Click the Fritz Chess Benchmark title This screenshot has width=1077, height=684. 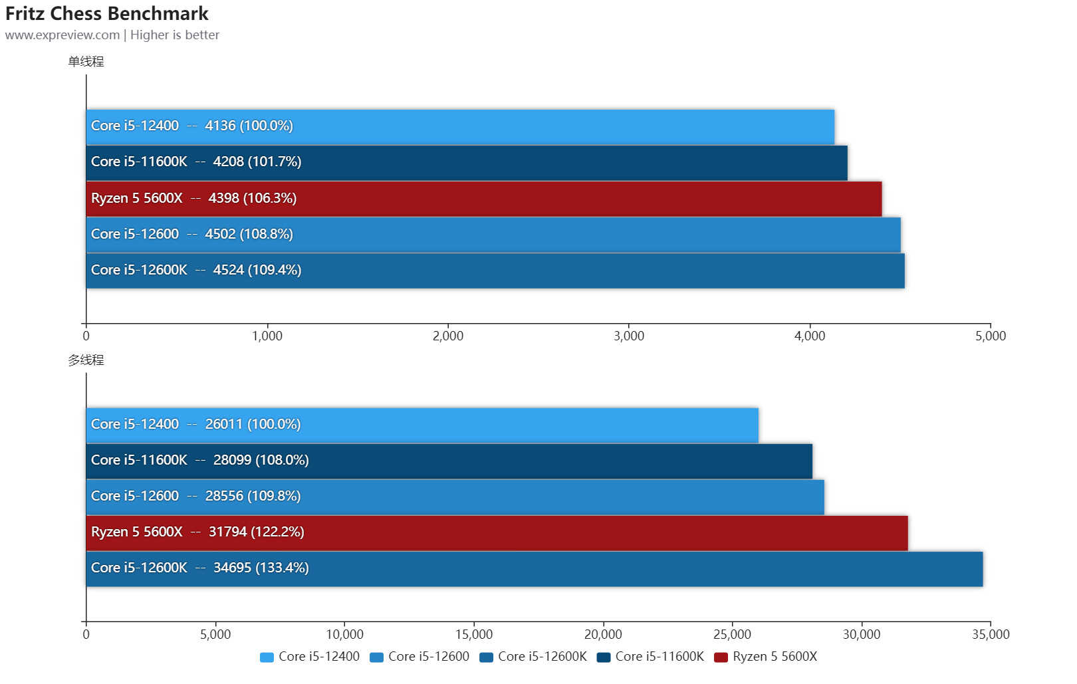pos(107,13)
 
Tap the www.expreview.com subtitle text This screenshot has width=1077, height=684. pos(62,35)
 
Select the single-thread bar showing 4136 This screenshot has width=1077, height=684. pos(459,126)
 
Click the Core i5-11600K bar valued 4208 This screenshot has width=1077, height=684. pos(466,162)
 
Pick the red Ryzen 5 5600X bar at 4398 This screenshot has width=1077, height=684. pos(483,198)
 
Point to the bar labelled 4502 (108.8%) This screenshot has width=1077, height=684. pos(493,234)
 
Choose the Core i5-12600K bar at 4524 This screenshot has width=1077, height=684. pos(495,270)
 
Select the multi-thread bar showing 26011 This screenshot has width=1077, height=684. pos(421,425)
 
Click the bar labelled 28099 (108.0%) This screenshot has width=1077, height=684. pos(449,461)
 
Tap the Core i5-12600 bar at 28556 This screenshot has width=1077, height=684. pos(455,497)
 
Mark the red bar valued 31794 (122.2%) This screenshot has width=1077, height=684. pos(497,532)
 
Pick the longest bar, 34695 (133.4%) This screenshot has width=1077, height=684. pos(534,568)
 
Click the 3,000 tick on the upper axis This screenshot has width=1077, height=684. pos(629,336)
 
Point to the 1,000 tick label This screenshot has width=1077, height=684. pos(267,336)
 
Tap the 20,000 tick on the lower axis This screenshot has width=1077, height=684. pos(603,635)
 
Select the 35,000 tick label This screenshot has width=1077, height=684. pos(991,635)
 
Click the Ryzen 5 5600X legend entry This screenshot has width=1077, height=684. pos(766,657)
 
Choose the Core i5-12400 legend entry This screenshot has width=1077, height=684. pos(310,657)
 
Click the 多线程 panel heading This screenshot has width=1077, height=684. pos(86,360)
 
